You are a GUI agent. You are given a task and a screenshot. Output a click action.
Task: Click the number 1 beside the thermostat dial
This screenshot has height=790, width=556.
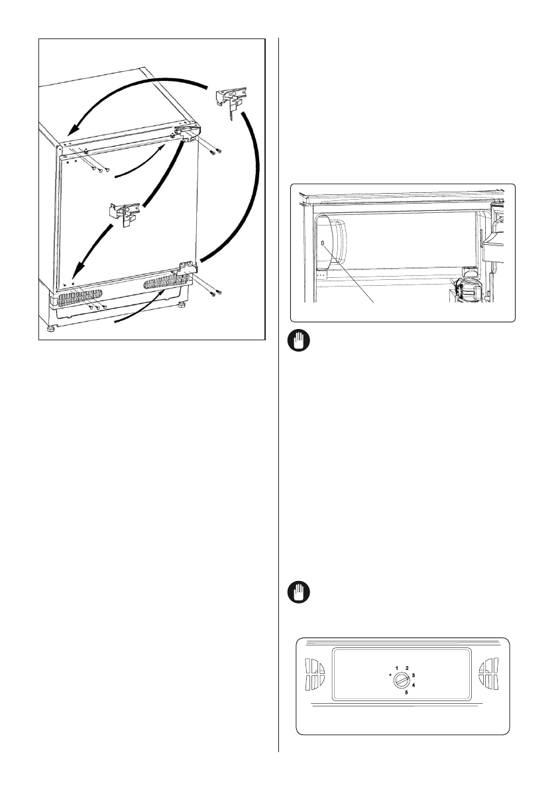pyautogui.click(x=397, y=668)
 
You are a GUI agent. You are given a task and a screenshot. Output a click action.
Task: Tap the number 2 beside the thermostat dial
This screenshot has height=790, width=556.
pyautogui.click(x=407, y=668)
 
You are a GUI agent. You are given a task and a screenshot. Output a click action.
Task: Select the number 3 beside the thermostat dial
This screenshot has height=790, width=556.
pyautogui.click(x=413, y=675)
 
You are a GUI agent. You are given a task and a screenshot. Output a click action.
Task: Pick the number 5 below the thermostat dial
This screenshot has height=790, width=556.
pyautogui.click(x=406, y=692)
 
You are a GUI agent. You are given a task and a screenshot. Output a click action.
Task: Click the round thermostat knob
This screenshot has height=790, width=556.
pyautogui.click(x=400, y=681)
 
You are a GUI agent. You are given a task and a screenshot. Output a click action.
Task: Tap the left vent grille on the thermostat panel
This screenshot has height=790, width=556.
pyautogui.click(x=316, y=674)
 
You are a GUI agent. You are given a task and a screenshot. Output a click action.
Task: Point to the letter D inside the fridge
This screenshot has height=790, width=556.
pyautogui.click(x=323, y=243)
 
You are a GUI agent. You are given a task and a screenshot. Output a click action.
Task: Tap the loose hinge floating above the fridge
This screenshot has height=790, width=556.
pyautogui.click(x=229, y=100)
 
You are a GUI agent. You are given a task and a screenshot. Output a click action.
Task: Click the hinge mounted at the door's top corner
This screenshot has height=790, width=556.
pyautogui.click(x=187, y=134)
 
